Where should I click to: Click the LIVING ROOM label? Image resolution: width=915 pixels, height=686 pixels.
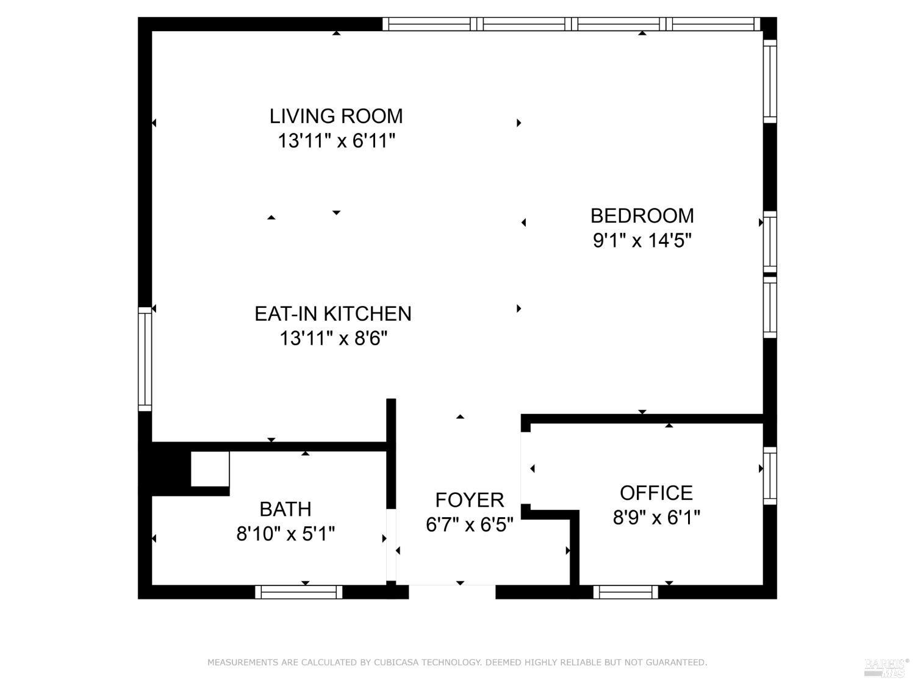coord(336,116)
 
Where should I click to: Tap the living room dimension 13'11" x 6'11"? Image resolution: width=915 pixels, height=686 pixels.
coord(336,141)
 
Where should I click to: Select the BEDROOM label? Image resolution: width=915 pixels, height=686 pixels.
coord(642,216)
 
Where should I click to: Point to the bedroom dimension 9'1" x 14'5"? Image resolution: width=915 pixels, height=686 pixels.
coord(642,241)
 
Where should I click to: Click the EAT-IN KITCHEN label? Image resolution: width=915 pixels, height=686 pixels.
coord(332,313)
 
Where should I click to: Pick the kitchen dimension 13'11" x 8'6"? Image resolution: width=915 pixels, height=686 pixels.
coord(333,338)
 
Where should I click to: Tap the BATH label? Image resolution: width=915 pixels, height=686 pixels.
coord(285,509)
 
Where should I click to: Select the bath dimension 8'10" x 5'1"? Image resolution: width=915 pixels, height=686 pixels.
coord(285,535)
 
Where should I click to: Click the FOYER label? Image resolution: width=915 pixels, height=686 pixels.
coord(469,500)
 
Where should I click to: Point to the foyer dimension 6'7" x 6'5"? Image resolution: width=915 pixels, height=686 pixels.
coord(469,525)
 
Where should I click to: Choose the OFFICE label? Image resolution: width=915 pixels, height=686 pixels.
coord(656,493)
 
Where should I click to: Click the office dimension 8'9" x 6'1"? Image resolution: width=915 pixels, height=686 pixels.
coord(656,518)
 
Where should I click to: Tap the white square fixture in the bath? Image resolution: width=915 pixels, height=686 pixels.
coord(210,469)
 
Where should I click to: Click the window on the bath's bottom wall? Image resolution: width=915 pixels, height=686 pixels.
coord(298,592)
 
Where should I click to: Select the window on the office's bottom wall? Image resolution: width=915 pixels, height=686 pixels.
coord(625,592)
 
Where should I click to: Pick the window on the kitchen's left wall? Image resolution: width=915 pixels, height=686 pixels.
coord(145,359)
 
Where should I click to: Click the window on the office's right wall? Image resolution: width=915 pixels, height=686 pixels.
coord(770,476)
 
